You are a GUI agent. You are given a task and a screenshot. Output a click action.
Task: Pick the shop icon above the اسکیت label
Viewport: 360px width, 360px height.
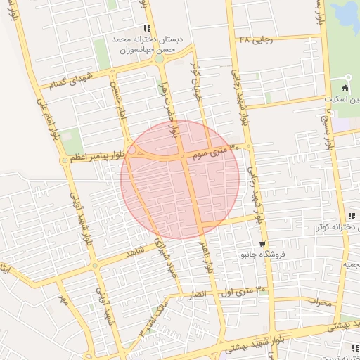(x=345, y=88)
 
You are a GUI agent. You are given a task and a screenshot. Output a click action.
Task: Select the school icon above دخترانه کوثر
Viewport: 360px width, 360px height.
(x=350, y=216)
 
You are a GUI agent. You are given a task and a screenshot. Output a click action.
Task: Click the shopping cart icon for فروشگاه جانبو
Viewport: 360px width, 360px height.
(x=243, y=244)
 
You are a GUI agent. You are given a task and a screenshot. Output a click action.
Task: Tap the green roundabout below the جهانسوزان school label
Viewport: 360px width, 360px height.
(x=160, y=58)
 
